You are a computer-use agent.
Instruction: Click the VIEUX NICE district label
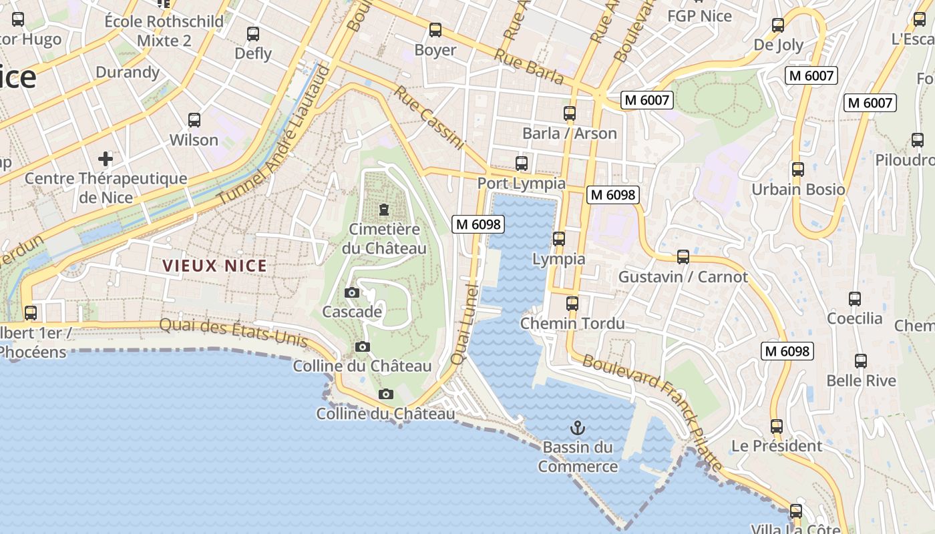(214, 266)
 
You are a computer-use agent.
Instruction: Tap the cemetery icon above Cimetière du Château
(384, 210)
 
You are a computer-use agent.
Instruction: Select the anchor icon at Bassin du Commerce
(578, 428)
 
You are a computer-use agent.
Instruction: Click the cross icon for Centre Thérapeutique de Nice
(106, 159)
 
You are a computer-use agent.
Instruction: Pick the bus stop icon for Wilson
(194, 120)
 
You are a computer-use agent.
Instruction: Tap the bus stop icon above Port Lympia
(522, 164)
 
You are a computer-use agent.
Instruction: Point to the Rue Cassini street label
(428, 117)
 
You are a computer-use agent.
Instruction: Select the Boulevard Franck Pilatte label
(652, 412)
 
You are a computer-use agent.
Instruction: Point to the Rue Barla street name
(529, 67)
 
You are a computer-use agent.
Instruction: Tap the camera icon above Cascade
(352, 292)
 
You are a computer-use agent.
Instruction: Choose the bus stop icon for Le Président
(776, 426)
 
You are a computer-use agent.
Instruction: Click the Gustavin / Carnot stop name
(683, 276)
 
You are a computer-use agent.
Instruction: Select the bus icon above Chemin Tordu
(572, 304)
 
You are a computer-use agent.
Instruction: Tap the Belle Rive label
(861, 380)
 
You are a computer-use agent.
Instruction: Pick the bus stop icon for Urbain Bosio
(797, 170)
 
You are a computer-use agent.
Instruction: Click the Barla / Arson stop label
(569, 133)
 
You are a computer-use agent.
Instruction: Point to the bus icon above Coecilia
(855, 299)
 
